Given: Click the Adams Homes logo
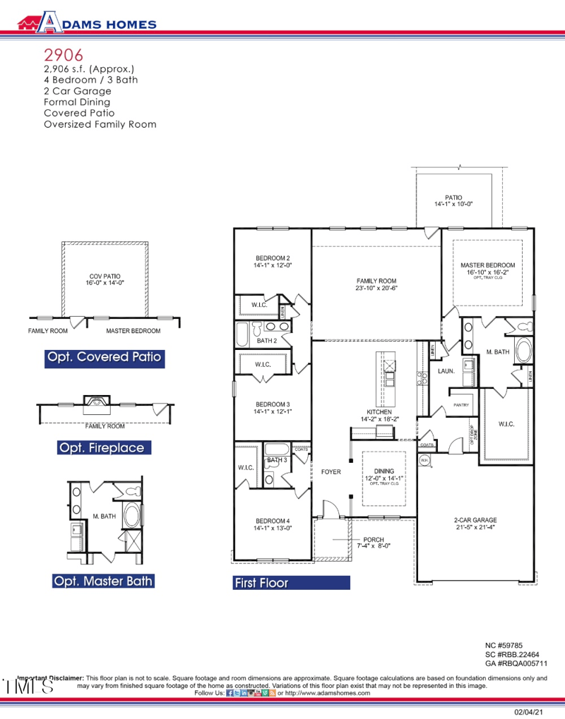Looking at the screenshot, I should [x=87, y=23].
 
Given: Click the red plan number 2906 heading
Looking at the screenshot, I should [x=64, y=54].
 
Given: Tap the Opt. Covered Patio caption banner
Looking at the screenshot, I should [x=104, y=357].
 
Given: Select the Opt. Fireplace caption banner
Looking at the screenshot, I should [x=102, y=447].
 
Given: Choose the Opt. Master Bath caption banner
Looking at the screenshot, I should [x=102, y=581].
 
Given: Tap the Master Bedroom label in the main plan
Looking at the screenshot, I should [x=487, y=268].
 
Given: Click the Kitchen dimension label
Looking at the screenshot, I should [x=379, y=416].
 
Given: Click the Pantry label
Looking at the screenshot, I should [x=462, y=405].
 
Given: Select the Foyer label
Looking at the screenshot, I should [x=331, y=471].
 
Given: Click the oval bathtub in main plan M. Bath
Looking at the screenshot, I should [x=524, y=351].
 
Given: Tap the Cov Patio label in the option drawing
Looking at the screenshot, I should [x=104, y=279].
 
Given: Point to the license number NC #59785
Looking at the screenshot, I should [x=504, y=645].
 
